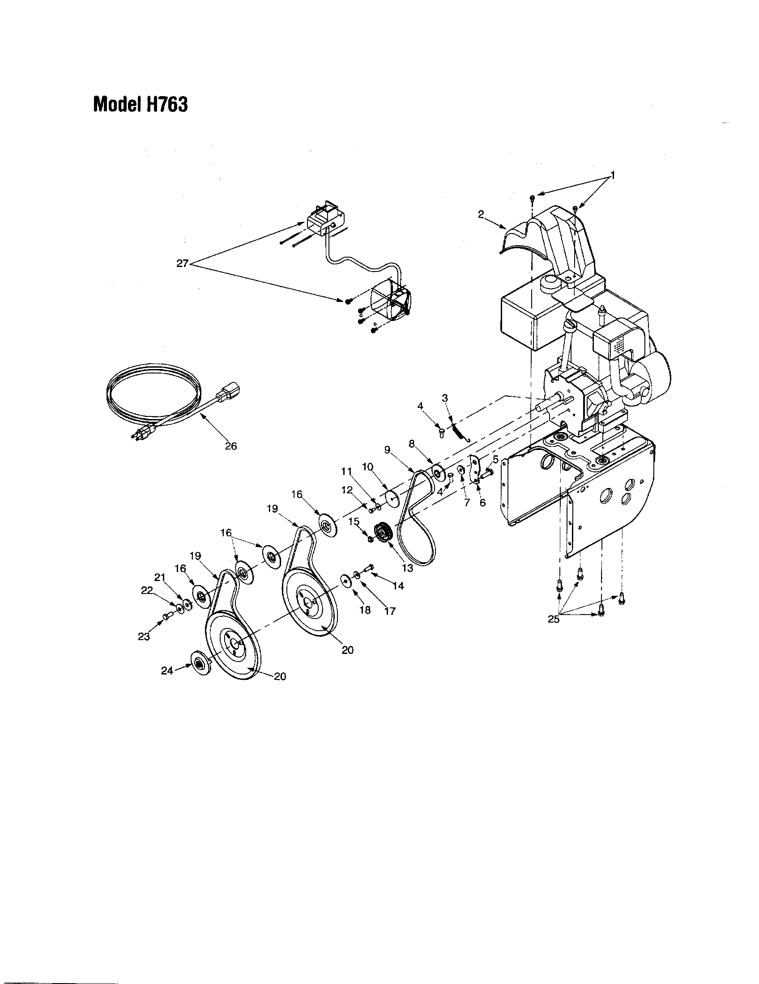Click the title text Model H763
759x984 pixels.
click(x=140, y=105)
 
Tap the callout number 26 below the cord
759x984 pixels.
click(x=230, y=446)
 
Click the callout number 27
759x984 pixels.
click(x=182, y=264)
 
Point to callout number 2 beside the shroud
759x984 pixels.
click(x=481, y=214)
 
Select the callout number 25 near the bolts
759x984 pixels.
click(x=554, y=619)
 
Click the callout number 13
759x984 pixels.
click(x=407, y=568)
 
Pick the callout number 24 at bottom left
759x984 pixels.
click(x=167, y=670)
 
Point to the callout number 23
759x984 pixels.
click(x=144, y=636)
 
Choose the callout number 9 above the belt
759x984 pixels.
click(x=387, y=450)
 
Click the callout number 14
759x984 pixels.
click(x=398, y=586)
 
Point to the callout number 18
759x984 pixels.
click(x=365, y=610)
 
